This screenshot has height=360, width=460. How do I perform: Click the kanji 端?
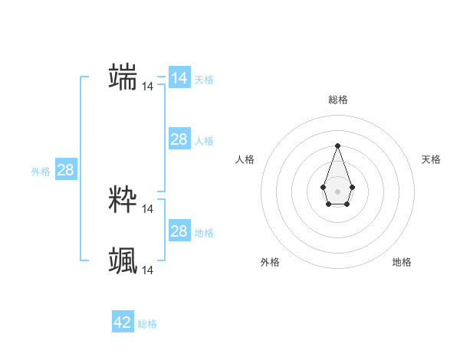(x=123, y=77)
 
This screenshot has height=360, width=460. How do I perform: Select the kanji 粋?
(x=123, y=198)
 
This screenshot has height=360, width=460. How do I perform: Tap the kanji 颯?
(x=123, y=260)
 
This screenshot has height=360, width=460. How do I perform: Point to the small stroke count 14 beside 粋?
(x=147, y=208)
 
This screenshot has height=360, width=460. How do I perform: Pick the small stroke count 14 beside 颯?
(x=147, y=270)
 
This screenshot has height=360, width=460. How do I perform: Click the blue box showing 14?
(x=179, y=78)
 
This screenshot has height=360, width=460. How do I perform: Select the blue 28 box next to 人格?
(x=179, y=139)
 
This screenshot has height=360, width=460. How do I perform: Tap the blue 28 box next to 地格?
(x=179, y=231)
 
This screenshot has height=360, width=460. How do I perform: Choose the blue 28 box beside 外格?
(x=65, y=170)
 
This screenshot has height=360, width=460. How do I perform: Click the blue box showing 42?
(x=122, y=322)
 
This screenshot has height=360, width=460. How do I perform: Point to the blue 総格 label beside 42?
(x=147, y=324)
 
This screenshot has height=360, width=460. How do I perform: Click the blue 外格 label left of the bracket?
(x=41, y=172)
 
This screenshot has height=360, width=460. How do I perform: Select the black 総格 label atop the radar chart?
(x=337, y=100)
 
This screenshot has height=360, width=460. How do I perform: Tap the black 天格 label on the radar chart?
(x=431, y=159)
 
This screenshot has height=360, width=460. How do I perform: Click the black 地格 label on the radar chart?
(x=402, y=262)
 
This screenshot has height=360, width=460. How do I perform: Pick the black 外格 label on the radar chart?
(x=270, y=262)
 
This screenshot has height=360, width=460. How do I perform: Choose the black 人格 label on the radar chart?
(x=245, y=159)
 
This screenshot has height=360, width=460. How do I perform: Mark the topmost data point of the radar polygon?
(x=337, y=145)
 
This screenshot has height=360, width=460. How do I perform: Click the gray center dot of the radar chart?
(x=337, y=191)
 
